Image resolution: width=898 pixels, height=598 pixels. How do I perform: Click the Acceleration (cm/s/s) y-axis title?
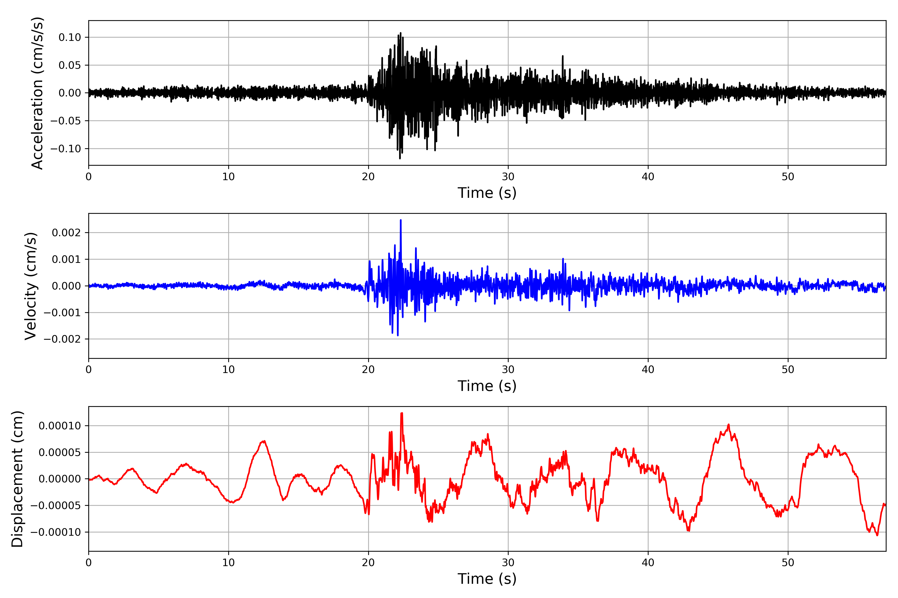point(37,93)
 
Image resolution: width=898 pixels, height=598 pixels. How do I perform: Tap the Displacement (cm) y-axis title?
point(17,479)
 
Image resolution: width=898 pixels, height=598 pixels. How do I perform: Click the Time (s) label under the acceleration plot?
point(487,193)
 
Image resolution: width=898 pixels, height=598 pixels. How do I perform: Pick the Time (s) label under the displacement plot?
point(487,579)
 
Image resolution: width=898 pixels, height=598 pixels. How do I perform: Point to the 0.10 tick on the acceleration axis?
point(70,37)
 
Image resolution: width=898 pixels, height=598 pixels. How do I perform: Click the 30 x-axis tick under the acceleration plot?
point(508,177)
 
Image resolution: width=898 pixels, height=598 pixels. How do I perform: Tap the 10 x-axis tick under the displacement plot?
point(228,563)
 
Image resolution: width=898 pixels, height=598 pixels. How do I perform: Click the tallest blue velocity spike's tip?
point(401,220)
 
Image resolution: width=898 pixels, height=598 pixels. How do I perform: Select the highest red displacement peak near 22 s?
point(402,413)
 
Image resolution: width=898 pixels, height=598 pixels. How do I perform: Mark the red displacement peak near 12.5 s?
point(263,441)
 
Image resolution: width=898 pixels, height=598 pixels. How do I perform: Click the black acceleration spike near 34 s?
point(563,56)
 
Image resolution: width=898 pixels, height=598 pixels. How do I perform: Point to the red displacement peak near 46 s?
point(728,425)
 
